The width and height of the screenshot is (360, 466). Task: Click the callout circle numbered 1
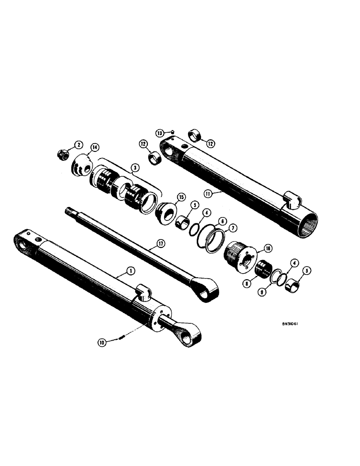pyautogui.click(x=118, y=271)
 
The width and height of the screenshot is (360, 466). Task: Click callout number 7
pyautogui.click(x=231, y=228)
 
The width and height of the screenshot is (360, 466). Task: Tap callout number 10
pyautogui.click(x=101, y=343)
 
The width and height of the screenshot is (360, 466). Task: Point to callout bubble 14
pyautogui.click(x=95, y=147)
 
